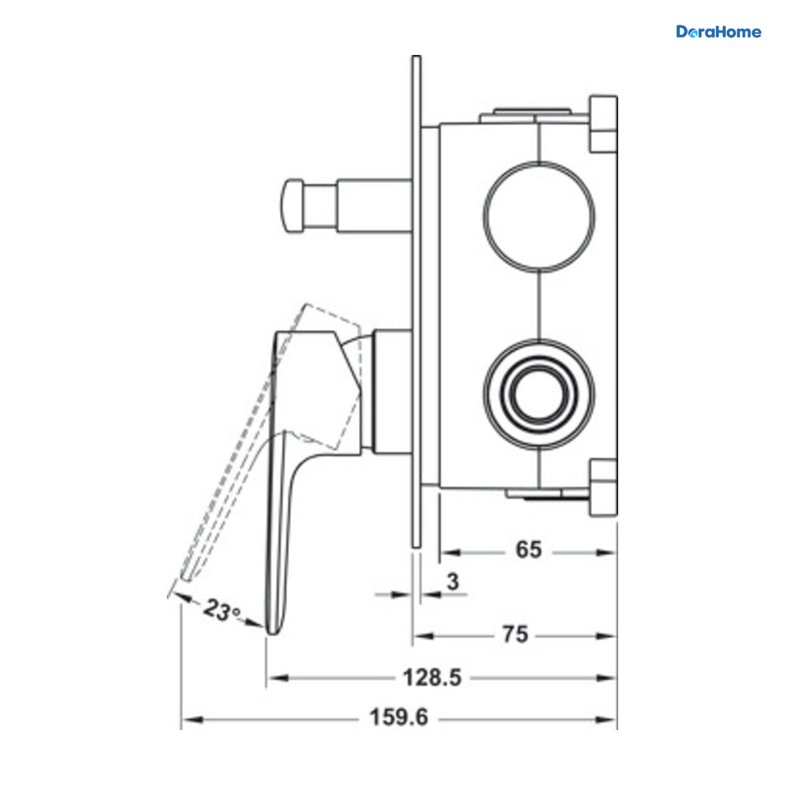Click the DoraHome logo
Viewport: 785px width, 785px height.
point(718,32)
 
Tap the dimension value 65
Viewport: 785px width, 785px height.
point(529,549)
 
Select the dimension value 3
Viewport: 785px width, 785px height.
point(453,582)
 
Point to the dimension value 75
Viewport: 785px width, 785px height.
point(515,635)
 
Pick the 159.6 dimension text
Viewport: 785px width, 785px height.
point(399,718)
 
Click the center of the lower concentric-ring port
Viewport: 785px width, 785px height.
point(539,394)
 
